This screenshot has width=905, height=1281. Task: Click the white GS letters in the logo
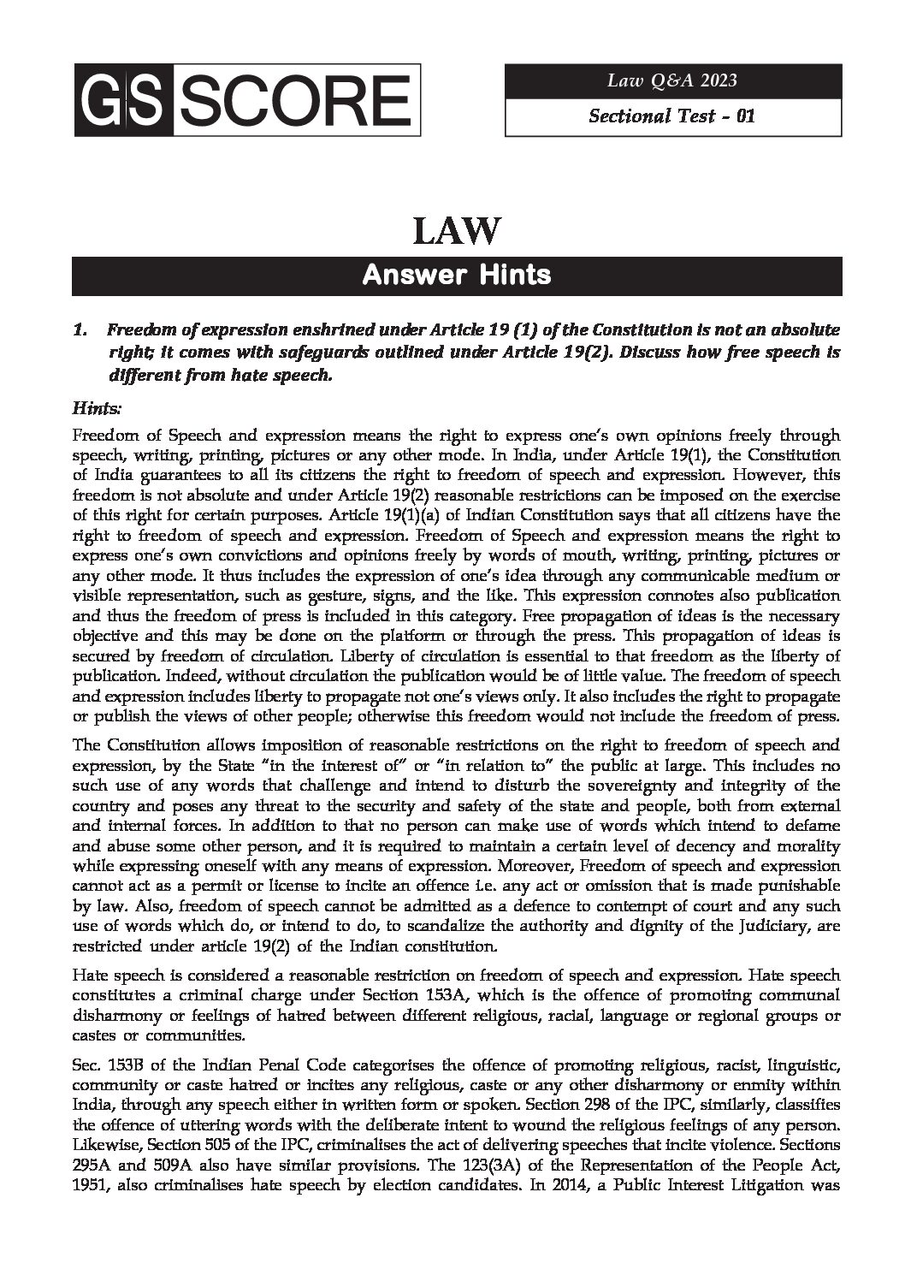(x=122, y=102)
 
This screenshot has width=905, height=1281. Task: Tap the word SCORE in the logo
(x=291, y=102)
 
